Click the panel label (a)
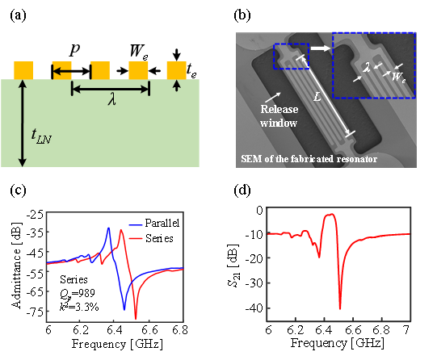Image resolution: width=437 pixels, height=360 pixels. coord(18,15)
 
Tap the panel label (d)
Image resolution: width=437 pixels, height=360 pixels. coord(242,190)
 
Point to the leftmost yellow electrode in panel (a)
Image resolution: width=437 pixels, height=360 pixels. coord(23,70)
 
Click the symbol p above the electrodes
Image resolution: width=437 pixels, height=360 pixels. coord(74,50)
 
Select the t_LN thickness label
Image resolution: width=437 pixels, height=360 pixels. coord(41,136)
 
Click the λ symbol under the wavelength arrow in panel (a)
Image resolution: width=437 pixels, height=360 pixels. coord(112,99)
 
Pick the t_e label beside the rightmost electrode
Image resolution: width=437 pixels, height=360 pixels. coord(191,70)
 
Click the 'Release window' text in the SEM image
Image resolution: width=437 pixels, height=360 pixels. coord(279,115)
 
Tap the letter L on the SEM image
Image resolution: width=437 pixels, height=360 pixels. coord(317,97)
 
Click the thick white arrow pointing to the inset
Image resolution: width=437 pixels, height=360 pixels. coord(321,48)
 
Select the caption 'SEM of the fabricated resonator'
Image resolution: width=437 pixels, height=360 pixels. coord(309,159)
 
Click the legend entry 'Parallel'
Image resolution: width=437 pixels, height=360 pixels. coord(162,223)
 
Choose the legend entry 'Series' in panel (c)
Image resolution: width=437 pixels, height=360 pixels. coord(159,238)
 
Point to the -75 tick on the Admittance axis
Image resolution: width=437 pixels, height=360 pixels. coord(35,312)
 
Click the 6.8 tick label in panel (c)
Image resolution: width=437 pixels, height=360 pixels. coord(180,329)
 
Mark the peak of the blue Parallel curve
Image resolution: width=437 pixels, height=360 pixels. coord(108,228)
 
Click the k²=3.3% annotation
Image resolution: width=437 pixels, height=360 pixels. coord(79,307)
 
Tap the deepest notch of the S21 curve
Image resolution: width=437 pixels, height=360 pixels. coord(340,308)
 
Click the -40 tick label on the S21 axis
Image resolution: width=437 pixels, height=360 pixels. coord(254,308)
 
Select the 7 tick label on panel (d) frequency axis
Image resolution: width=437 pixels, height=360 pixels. coord(407,329)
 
